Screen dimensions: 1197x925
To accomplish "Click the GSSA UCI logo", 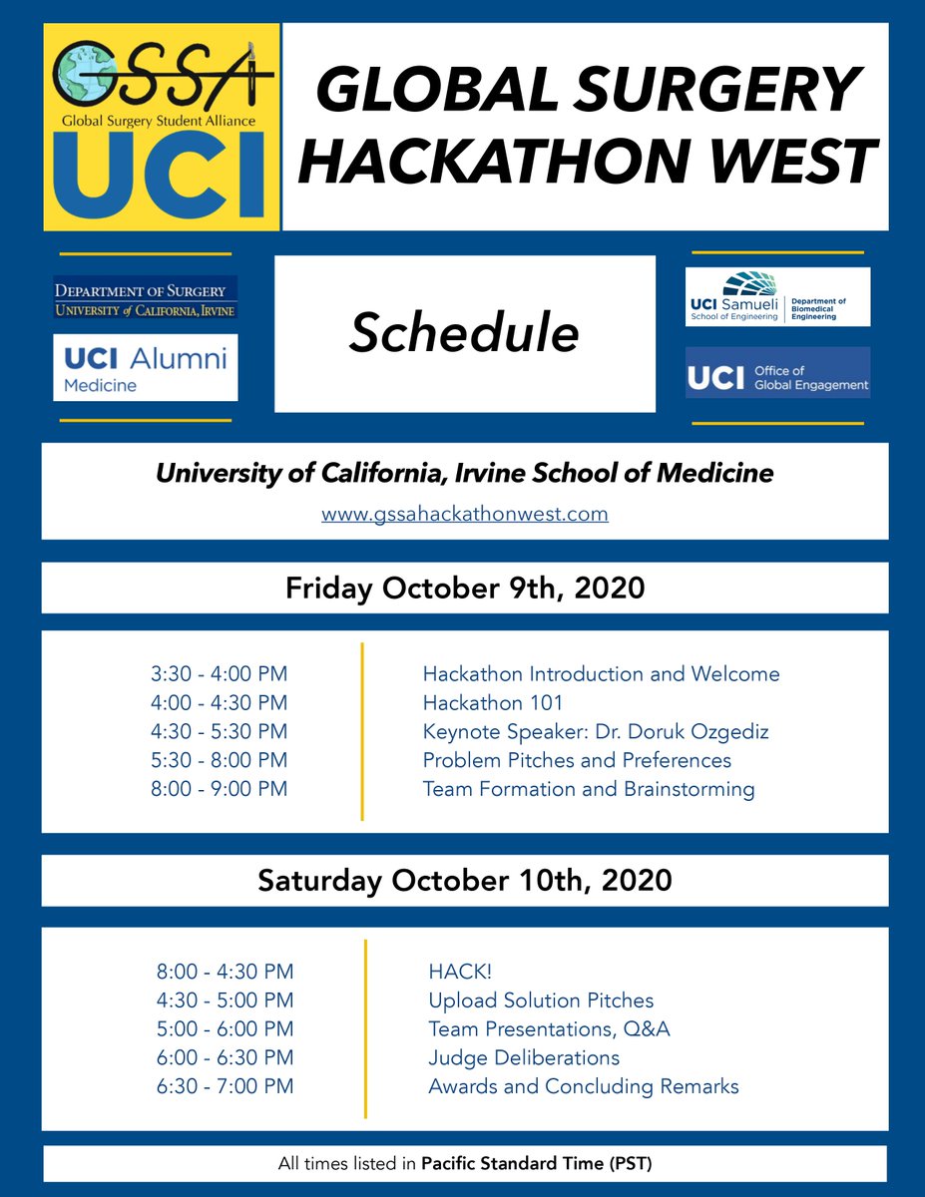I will coord(161,128).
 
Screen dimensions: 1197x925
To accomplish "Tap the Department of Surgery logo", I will coord(145,297).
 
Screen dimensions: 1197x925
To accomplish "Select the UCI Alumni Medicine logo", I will coord(145,368).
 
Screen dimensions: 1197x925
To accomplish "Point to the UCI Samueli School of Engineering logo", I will coord(777,297).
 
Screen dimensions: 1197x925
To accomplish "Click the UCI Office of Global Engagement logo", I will coord(777,372).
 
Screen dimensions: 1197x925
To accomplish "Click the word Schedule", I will coord(464,335).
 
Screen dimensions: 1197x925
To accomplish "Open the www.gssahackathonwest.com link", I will coord(464,515).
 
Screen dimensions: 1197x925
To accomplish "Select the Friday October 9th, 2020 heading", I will coord(464,588).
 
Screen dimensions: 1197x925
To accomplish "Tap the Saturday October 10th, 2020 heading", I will coord(464,881).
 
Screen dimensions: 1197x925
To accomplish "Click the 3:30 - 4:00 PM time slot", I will coord(219,674).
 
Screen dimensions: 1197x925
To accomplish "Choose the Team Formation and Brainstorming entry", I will coord(588,790).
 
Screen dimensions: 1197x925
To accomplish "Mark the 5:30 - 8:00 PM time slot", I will coord(219,761).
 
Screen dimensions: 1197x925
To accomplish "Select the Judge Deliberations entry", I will coord(524,1057).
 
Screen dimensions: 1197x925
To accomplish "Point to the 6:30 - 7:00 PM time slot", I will coord(225,1086).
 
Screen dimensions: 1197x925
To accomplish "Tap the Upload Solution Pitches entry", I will coord(541,999).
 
